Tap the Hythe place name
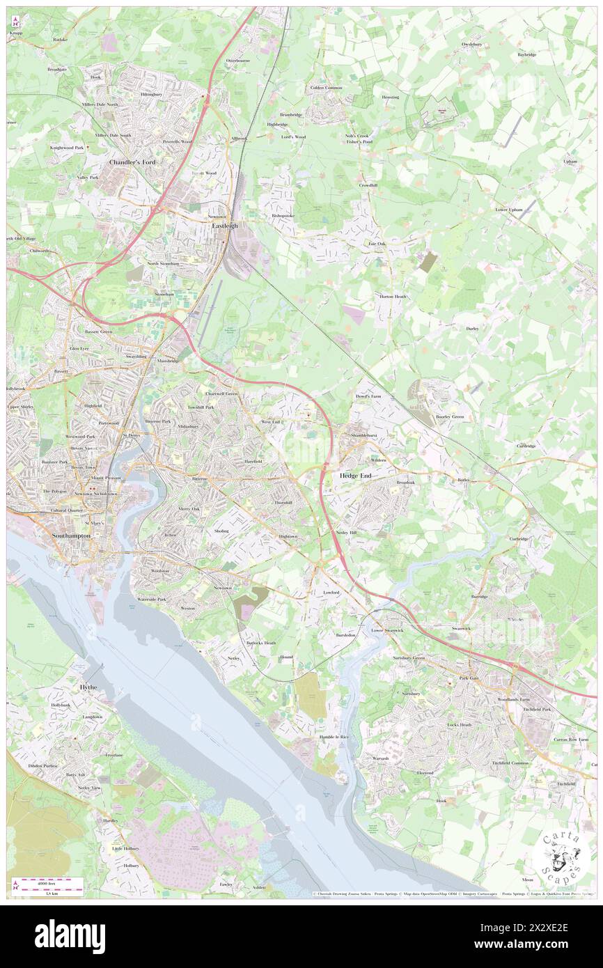click(89, 687)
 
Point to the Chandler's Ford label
click(132, 162)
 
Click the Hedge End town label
click(356, 476)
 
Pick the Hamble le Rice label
click(334, 736)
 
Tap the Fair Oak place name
click(377, 244)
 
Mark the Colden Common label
click(327, 88)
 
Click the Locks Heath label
click(459, 725)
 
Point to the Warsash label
click(380, 758)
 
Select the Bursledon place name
click(345, 635)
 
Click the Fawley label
click(226, 884)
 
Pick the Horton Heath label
click(393, 297)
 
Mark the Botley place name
click(463, 480)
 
